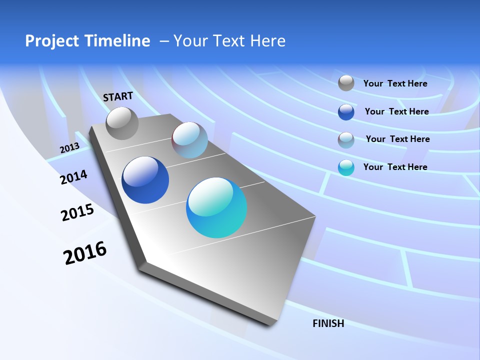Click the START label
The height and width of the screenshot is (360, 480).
(x=118, y=96)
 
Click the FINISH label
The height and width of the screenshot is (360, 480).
(x=328, y=323)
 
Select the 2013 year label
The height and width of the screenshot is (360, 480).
(x=69, y=148)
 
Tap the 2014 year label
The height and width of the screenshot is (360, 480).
(x=73, y=177)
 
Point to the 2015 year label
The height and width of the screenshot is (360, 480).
(x=77, y=212)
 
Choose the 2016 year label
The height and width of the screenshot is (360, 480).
(x=85, y=253)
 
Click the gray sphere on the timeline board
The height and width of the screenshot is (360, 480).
(x=122, y=123)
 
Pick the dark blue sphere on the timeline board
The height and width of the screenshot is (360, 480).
(x=145, y=180)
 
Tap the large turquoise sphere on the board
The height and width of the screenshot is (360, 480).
(x=216, y=207)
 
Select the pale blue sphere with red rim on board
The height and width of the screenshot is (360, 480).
(x=189, y=140)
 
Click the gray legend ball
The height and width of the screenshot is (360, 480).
(x=346, y=83)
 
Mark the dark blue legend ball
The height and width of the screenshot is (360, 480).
(x=346, y=112)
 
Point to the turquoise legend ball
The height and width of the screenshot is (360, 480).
(x=346, y=167)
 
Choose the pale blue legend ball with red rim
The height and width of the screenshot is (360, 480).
(x=346, y=139)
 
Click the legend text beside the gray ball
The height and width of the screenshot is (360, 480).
(x=395, y=83)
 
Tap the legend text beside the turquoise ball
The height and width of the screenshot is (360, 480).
(x=395, y=167)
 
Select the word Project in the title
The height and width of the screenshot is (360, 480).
(x=47, y=41)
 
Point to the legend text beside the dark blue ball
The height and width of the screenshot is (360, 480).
(x=396, y=111)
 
